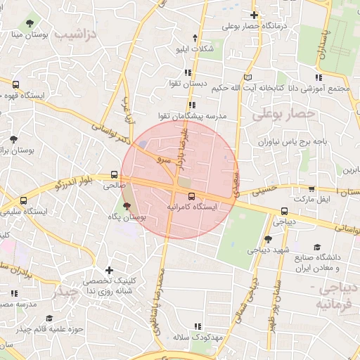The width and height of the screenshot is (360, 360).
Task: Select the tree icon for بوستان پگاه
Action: tap(127, 206)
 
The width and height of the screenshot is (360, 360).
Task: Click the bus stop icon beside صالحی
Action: tap(114, 175)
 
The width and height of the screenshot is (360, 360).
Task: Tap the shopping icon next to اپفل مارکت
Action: tap(311, 188)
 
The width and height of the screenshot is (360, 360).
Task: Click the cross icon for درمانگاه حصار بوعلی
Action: tap(255, 15)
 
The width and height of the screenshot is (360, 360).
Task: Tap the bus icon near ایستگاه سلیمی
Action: tap(24, 200)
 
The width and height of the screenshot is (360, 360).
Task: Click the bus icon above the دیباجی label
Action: tap(284, 210)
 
